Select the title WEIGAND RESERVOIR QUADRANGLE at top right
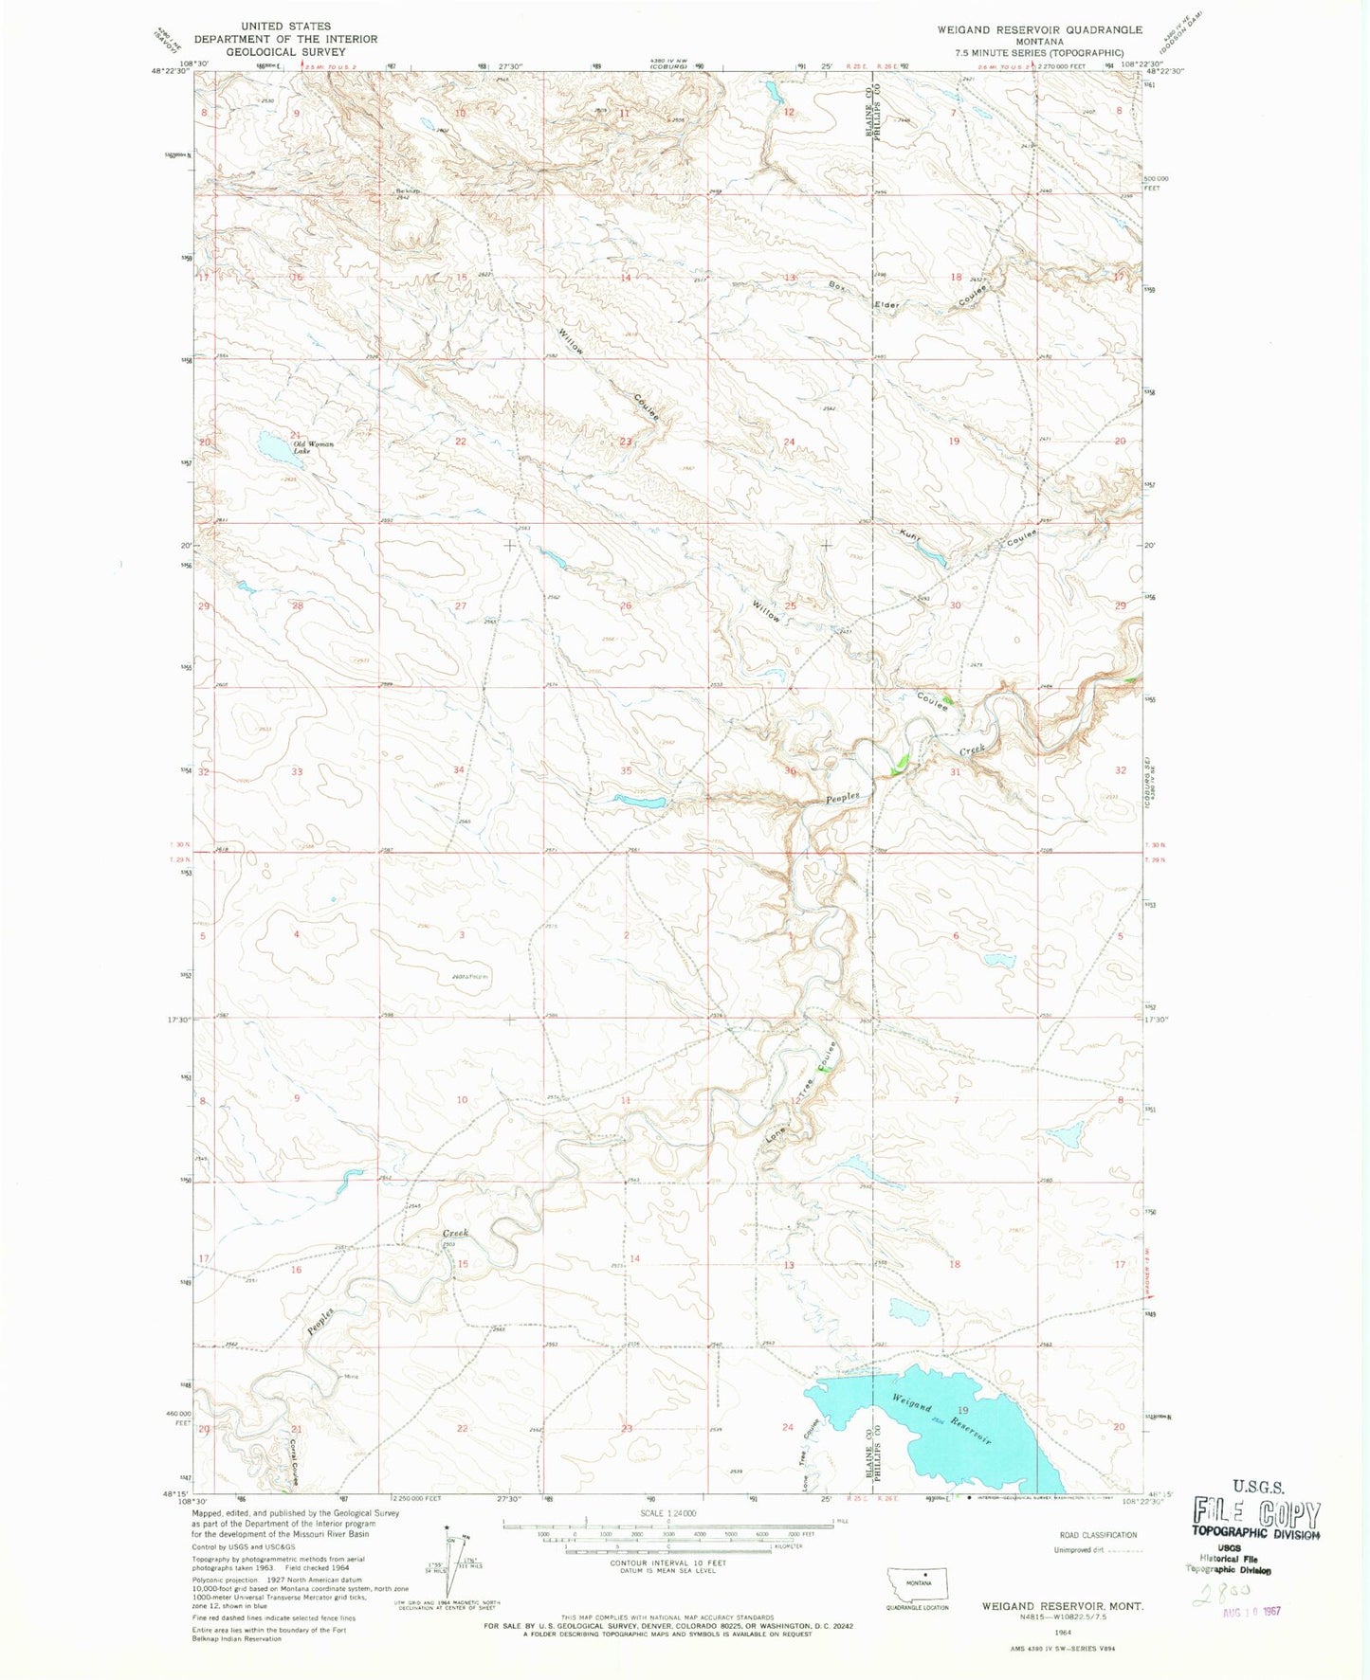(1039, 29)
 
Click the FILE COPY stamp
(1256, 1513)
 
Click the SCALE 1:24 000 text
(667, 1513)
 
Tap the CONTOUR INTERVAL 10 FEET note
(667, 1563)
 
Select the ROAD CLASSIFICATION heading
(1098, 1534)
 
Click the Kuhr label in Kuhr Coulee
(910, 537)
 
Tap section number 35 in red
(626, 770)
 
